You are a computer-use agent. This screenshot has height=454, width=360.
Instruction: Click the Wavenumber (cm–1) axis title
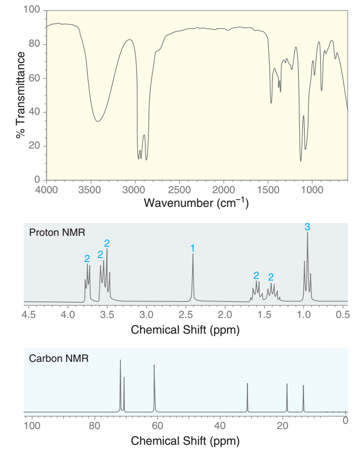coord(196,202)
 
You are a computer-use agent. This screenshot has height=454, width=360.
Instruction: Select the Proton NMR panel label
coord(57,233)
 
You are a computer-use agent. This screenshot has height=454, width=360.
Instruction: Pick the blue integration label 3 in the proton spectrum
coord(307,226)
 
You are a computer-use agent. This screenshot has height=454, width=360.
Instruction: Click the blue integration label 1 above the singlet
coord(193,247)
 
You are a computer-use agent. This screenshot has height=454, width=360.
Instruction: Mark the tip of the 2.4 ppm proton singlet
coord(193,254)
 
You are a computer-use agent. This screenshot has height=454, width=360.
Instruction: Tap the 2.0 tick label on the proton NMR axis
coord(225,314)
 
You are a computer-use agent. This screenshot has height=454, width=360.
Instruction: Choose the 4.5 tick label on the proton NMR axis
coord(28,314)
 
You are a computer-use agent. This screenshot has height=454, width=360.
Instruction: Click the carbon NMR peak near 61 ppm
coord(154,365)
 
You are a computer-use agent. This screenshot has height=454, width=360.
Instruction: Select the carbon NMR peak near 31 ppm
coord(247,384)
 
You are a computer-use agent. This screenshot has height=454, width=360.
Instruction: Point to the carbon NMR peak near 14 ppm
coord(303,386)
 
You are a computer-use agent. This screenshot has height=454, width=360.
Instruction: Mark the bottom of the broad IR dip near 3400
coord(97,121)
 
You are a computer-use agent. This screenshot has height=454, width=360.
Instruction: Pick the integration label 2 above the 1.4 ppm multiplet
coord(271,277)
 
